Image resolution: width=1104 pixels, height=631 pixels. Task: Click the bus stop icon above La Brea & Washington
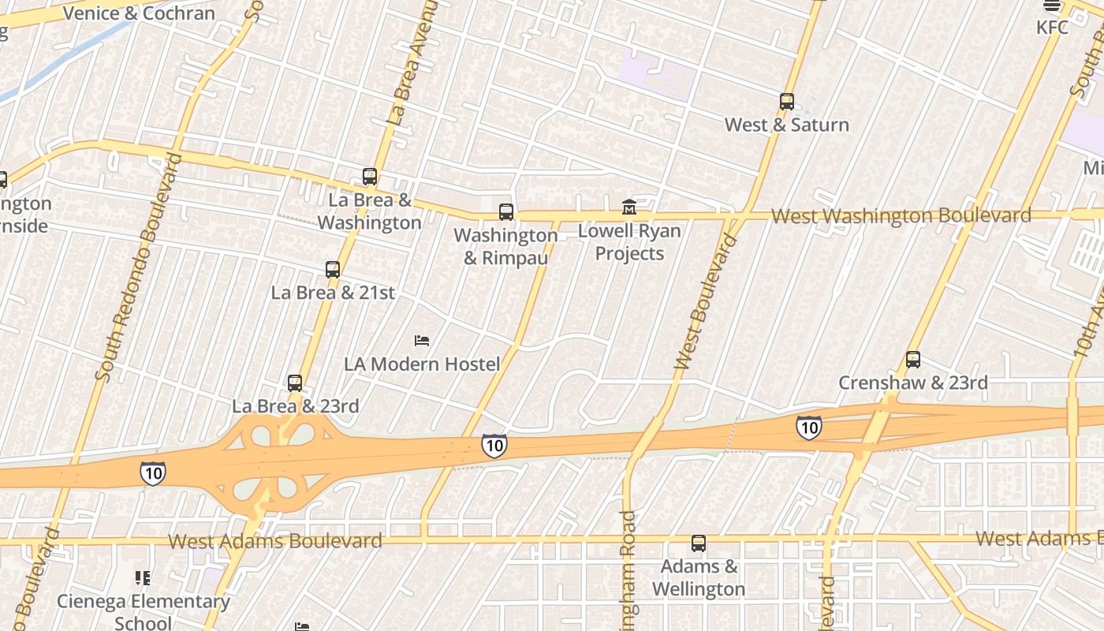coord(370,177)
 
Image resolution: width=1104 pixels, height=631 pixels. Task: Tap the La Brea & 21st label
coord(333,293)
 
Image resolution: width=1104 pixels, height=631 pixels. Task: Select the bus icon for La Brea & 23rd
coord(295,383)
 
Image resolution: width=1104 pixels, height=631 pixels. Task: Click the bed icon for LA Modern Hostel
coord(422,341)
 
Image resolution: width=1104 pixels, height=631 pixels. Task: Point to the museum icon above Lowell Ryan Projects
coord(629,207)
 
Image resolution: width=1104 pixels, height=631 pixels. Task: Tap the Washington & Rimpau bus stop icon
coord(506,212)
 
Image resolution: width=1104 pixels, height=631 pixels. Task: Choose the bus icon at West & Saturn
coord(786,102)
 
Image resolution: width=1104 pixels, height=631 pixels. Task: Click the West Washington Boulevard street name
coord(901,216)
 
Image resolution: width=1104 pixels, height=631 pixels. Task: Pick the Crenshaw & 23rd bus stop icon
coord(913,360)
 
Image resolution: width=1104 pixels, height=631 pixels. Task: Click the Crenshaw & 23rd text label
coord(912,383)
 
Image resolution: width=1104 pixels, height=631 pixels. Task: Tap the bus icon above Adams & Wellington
coord(699,543)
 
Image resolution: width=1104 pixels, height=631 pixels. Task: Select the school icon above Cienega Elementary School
coord(143,579)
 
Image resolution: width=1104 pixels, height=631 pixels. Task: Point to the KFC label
coord(1052,28)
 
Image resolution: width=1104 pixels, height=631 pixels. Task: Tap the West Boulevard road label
coord(706,303)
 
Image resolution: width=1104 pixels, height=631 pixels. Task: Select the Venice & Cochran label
coord(139,13)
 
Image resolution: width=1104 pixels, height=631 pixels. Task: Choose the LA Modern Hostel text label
coord(422,364)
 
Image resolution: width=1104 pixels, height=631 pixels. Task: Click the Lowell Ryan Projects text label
coord(629,242)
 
